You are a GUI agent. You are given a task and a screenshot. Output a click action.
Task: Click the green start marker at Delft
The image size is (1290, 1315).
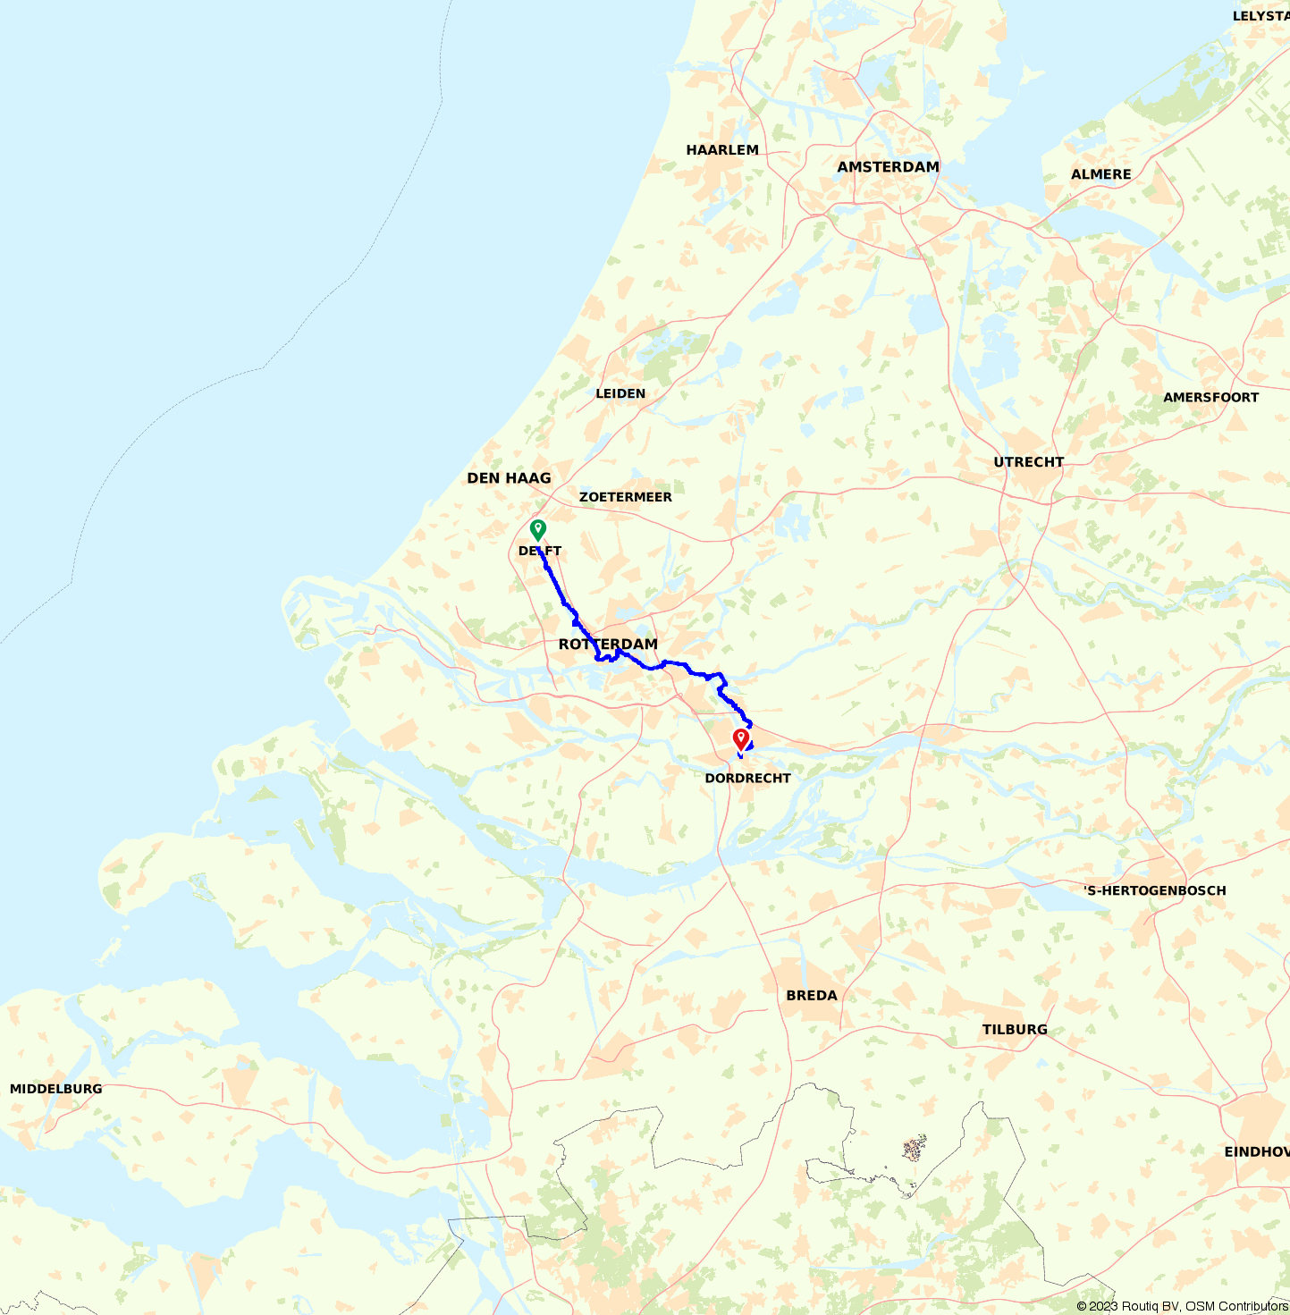(x=537, y=529)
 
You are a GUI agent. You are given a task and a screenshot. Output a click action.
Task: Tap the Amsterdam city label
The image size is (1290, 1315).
(x=888, y=167)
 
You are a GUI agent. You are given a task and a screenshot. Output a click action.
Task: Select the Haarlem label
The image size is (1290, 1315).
(x=722, y=150)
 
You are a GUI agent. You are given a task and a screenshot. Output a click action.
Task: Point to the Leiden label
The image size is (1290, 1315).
(x=620, y=393)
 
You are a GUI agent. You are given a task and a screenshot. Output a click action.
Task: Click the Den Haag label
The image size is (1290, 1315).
(x=509, y=478)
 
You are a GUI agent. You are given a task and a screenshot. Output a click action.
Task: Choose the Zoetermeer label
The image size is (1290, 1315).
(x=625, y=497)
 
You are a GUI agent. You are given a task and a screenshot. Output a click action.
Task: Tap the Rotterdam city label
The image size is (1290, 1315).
(x=608, y=645)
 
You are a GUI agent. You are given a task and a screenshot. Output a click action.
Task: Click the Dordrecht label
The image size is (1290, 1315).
(x=747, y=779)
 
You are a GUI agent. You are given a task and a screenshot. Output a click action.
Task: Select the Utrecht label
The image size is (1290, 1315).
(x=1029, y=462)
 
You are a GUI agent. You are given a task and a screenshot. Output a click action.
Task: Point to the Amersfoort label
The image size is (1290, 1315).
(x=1210, y=398)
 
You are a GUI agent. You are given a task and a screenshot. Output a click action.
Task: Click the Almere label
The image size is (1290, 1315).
(x=1101, y=174)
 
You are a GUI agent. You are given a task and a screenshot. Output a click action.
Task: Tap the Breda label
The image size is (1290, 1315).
(x=812, y=996)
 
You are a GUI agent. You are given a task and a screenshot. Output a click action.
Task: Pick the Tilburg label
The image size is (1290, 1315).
(x=1015, y=1030)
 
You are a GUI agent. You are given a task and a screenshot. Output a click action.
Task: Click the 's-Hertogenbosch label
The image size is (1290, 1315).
(x=1154, y=890)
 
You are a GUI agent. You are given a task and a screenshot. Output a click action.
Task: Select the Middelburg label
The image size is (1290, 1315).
(x=55, y=1089)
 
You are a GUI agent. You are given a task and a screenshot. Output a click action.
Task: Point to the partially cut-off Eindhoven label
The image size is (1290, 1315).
(x=1257, y=1152)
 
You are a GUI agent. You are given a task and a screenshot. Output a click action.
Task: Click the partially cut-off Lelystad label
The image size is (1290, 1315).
(x=1260, y=16)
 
